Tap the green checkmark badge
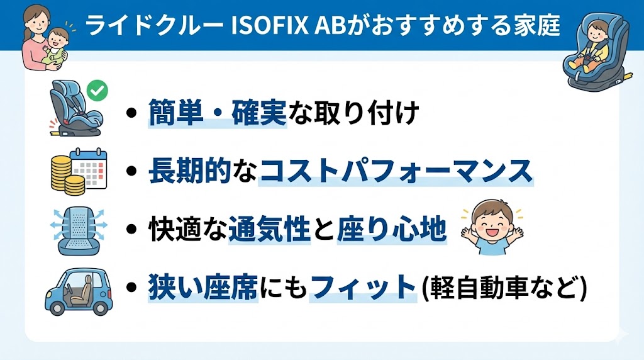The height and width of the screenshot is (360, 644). (96, 90)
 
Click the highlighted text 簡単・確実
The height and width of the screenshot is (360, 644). (218, 113)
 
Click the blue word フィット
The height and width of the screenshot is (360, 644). (364, 288)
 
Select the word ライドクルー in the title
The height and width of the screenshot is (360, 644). (152, 26)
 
